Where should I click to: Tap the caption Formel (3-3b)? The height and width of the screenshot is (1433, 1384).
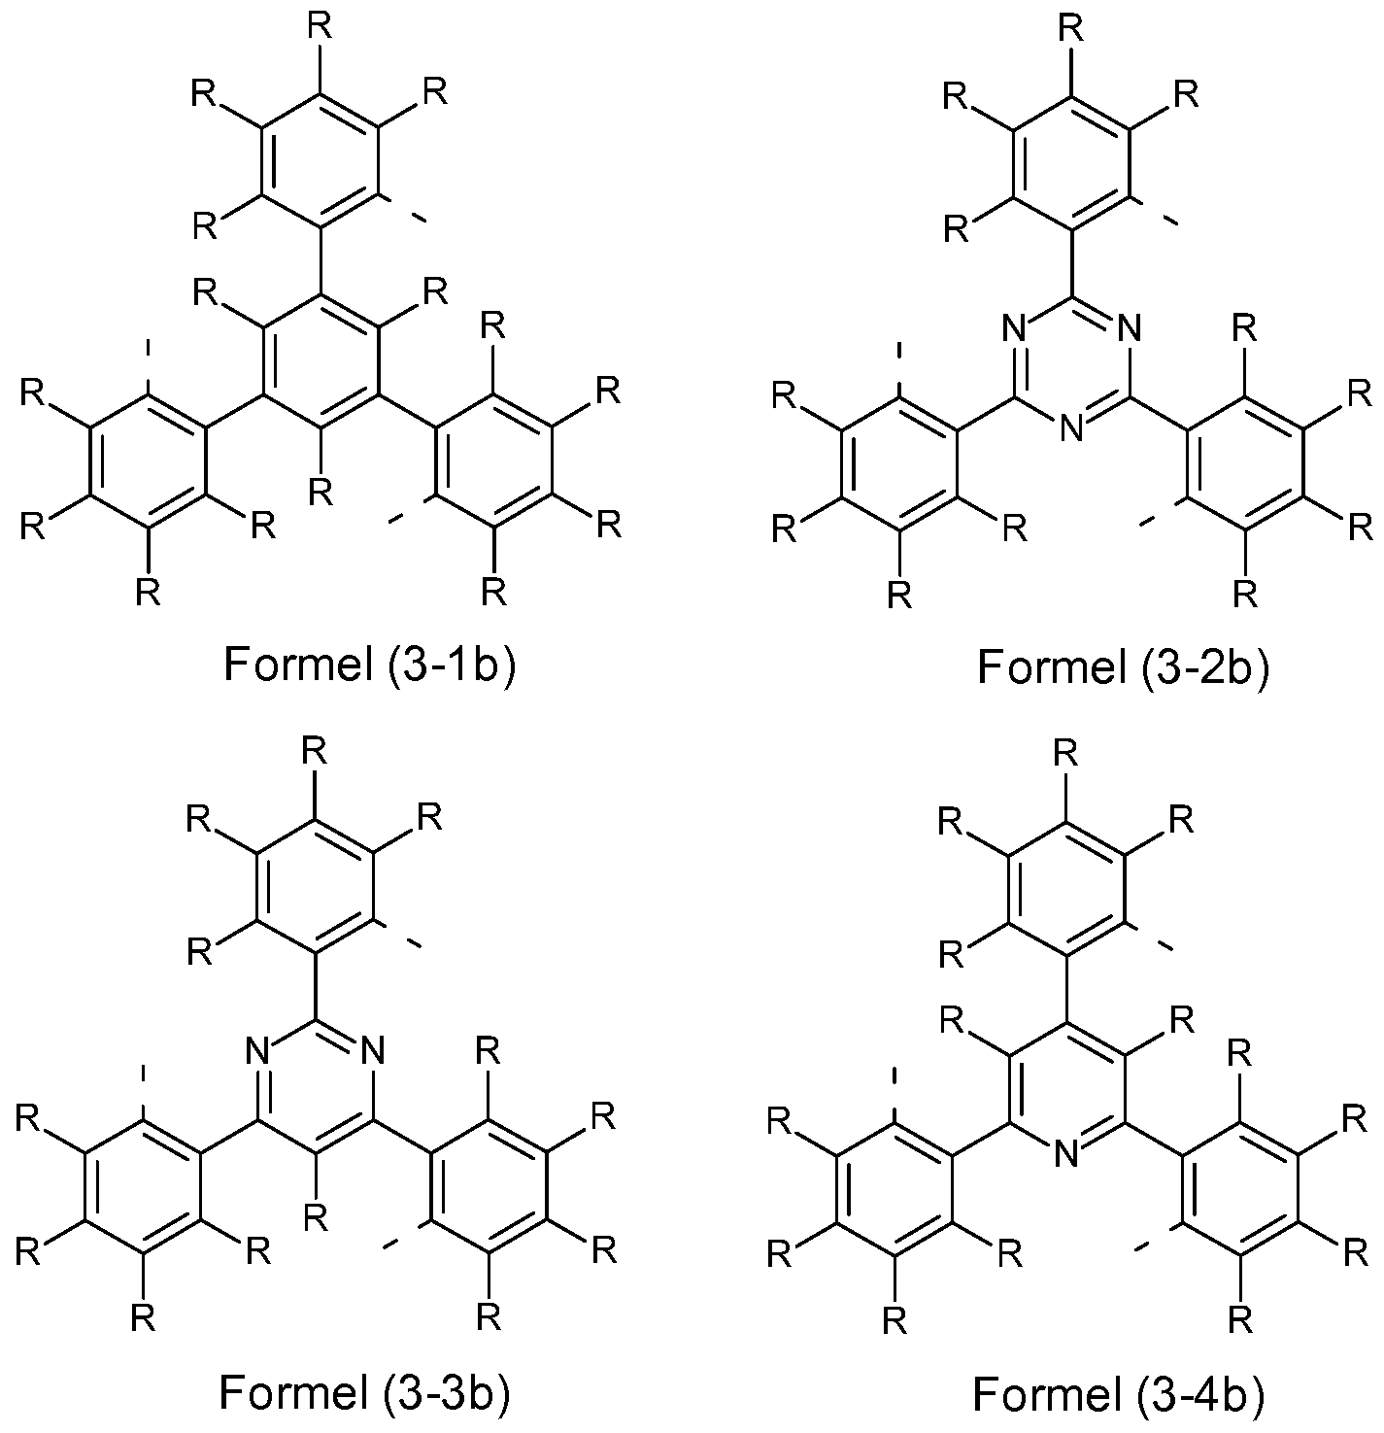[x=364, y=1391]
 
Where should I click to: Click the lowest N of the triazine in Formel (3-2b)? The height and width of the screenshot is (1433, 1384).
[x=1070, y=428]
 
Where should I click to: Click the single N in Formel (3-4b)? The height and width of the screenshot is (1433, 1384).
[x=1066, y=1153]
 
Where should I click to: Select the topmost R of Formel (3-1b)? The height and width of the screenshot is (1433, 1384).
[x=320, y=26]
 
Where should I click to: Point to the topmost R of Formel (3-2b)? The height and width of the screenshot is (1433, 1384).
[x=1070, y=27]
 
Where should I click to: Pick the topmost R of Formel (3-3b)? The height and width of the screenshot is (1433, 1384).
[x=315, y=751]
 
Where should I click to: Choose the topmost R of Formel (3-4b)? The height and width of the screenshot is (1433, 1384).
[x=1066, y=754]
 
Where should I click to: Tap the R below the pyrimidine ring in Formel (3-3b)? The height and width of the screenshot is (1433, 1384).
[x=315, y=1214]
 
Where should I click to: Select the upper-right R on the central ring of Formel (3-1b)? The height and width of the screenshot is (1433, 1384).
[x=433, y=290]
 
